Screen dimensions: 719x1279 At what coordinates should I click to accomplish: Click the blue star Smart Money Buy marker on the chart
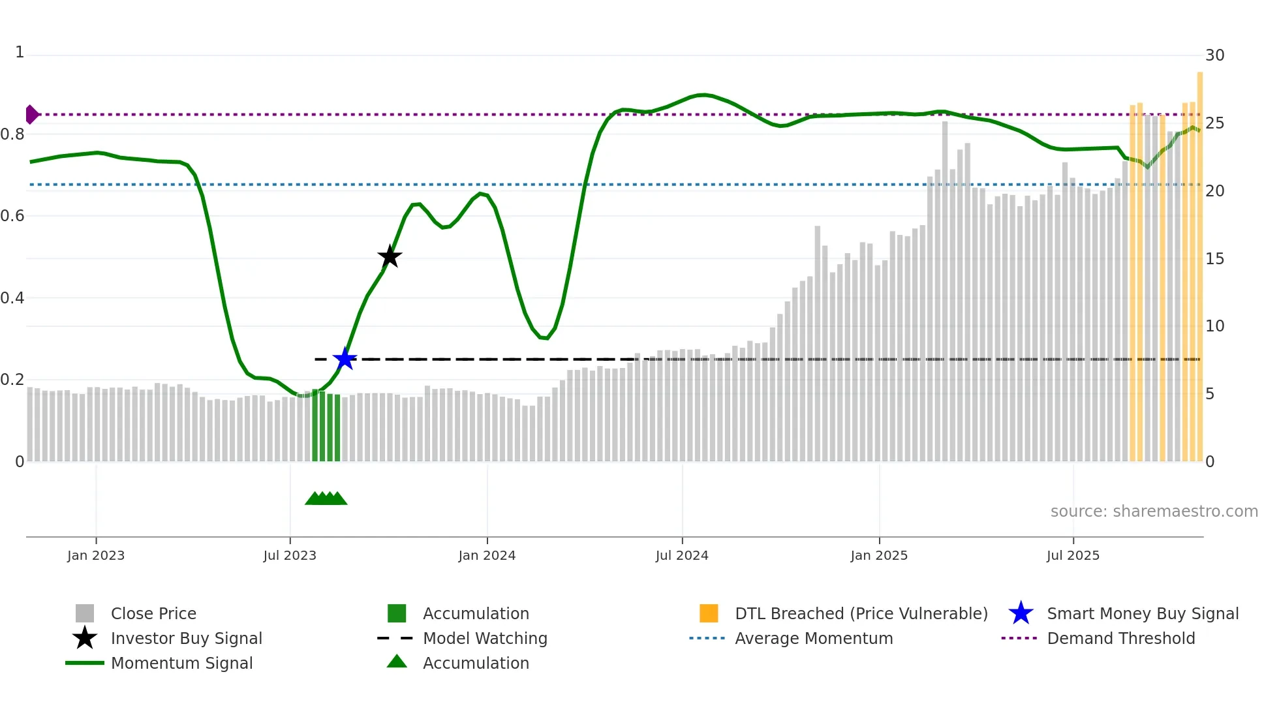click(x=345, y=359)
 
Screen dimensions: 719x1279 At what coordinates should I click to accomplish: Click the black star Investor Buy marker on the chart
click(x=390, y=256)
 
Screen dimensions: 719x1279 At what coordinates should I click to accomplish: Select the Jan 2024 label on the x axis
click(x=487, y=555)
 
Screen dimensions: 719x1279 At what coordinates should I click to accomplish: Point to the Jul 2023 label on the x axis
click(x=290, y=555)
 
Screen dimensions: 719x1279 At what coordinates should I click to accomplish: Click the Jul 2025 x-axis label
click(x=1073, y=555)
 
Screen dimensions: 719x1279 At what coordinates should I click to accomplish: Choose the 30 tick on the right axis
click(x=1214, y=55)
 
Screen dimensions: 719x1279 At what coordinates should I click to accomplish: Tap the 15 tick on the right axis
click(x=1214, y=259)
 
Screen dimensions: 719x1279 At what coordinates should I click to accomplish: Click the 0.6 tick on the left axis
click(x=12, y=216)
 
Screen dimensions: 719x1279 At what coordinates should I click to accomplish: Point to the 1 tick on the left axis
click(x=20, y=52)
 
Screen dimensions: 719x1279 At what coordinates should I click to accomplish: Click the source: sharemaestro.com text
click(x=1154, y=512)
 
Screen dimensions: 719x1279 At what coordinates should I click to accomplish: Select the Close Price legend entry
click(x=153, y=613)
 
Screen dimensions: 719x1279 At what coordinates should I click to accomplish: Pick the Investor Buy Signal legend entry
click(x=186, y=638)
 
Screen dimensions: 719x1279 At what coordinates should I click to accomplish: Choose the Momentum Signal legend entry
click(x=181, y=663)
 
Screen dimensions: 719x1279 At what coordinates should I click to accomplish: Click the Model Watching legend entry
click(x=485, y=638)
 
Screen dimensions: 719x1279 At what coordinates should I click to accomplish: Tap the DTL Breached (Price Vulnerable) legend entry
click(x=861, y=613)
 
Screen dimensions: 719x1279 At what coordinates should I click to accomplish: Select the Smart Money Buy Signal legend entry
click(x=1143, y=613)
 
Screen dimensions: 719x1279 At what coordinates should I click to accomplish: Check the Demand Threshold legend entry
click(x=1120, y=638)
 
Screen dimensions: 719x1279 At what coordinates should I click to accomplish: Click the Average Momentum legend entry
click(x=814, y=638)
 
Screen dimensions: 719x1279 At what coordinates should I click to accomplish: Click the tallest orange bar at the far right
click(x=1199, y=261)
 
